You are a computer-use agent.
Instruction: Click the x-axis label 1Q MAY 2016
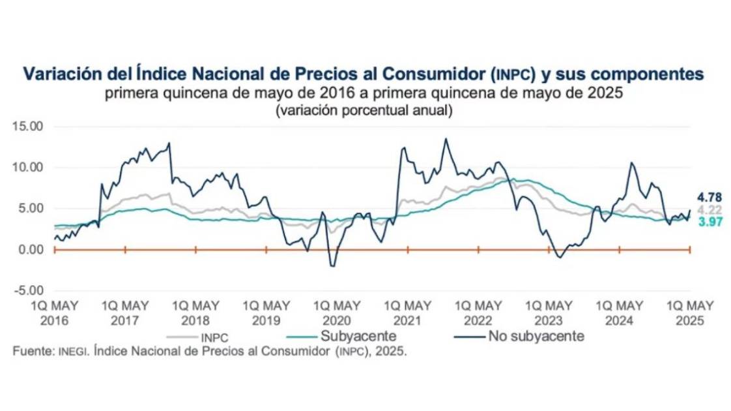coord(55,312)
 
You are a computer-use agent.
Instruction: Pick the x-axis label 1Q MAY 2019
coord(266,312)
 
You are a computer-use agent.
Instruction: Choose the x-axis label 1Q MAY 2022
coord(478,312)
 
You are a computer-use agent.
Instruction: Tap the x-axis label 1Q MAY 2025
coord(690,312)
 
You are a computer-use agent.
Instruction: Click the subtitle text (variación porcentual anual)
coord(364,110)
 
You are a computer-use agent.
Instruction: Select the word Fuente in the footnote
coord(34,351)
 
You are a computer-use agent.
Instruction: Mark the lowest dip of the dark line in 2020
coord(333,266)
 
